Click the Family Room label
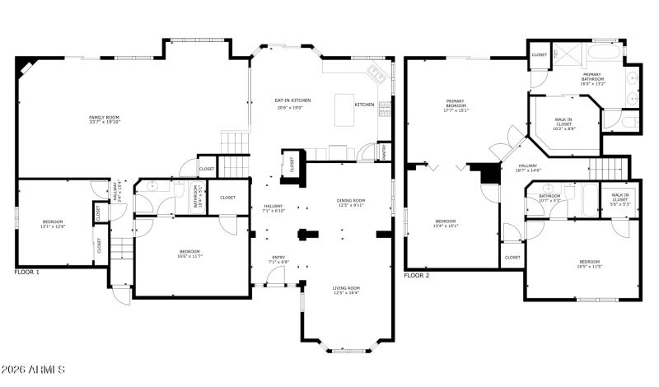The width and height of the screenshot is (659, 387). (x=104, y=118)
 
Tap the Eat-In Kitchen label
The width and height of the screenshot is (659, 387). (x=293, y=100)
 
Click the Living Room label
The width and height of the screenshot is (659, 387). (x=346, y=288)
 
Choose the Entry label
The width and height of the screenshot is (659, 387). (x=278, y=258)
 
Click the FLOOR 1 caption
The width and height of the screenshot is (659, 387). (x=26, y=271)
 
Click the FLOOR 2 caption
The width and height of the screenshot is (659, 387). (x=417, y=275)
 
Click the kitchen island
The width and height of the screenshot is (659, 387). (x=345, y=110)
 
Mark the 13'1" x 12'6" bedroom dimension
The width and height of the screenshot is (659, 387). (x=53, y=226)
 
